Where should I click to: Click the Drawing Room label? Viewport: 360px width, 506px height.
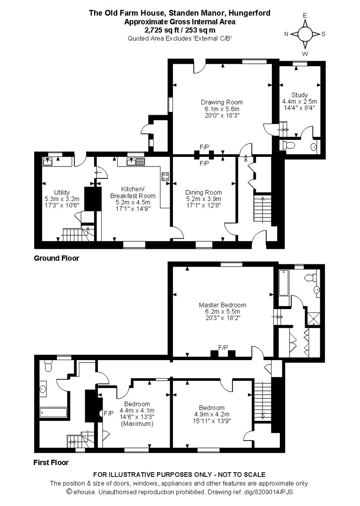tap(222, 102)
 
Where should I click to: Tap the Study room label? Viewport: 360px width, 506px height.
tap(299, 95)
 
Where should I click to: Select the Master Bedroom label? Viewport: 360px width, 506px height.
tap(222, 305)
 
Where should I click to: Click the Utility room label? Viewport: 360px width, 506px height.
tap(62, 192)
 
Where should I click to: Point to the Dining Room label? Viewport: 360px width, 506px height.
tap(203, 193)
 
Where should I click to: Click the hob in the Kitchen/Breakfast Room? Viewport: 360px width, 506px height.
tap(165, 177)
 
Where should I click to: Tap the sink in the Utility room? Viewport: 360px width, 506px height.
tap(47, 161)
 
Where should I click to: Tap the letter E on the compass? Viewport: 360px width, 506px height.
tap(305, 15)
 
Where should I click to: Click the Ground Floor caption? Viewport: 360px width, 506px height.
tap(56, 258)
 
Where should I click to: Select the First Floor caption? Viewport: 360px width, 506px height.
tap(51, 463)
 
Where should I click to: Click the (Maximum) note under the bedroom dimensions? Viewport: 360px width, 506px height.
tap(137, 423)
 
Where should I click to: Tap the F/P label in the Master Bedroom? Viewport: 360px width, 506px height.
tap(223, 347)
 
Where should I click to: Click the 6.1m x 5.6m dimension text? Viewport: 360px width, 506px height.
tap(222, 109)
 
